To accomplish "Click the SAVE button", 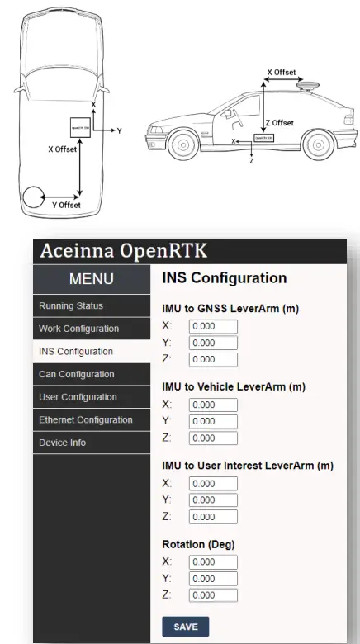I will coord(185,626).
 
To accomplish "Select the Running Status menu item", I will coord(71,305).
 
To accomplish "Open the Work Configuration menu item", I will coord(78,329).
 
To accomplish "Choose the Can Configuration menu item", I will coord(76,374).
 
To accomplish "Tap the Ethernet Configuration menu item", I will coord(85,419).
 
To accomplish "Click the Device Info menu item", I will coord(62,443).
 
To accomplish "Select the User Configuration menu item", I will coord(78,397).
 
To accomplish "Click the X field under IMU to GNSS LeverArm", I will coord(213,326).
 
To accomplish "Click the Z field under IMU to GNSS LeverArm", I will coord(213,359).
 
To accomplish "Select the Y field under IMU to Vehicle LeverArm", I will coord(213,421).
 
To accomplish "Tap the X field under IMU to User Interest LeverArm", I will coord(213,483).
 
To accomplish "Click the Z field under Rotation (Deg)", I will coord(213,594).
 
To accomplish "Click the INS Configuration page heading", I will coord(224,278).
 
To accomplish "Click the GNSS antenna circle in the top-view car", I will coord(35,197).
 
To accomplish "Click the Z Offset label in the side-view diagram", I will coord(282,123).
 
